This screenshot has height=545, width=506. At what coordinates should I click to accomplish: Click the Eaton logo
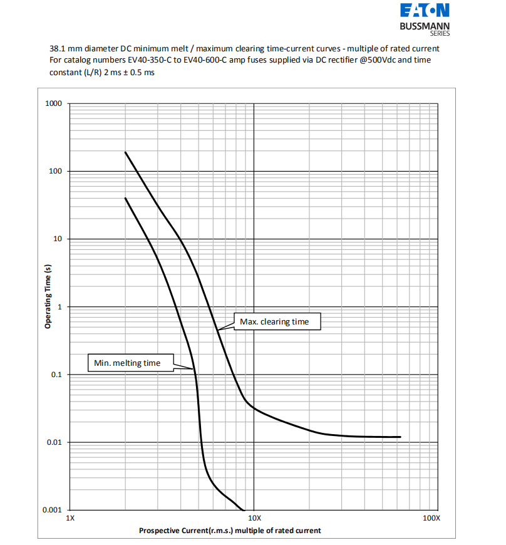425,11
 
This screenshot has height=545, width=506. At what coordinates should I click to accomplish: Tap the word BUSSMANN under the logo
425,27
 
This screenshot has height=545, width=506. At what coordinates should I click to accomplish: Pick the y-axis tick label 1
59,307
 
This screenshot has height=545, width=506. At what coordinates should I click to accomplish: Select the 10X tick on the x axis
254,519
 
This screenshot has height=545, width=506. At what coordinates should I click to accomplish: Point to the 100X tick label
431,519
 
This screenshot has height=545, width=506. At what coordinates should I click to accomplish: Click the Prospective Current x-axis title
230,531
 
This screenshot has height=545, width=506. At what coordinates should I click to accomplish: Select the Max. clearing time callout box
274,321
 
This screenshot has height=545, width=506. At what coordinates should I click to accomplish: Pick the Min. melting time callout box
127,363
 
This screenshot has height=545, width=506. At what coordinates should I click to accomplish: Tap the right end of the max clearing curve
400,437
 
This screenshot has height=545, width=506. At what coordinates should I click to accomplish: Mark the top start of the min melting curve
125,198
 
